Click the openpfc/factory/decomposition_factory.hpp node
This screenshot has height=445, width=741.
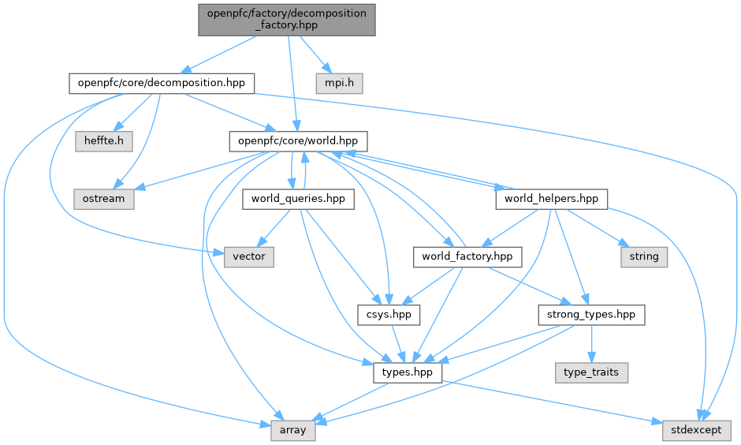click(x=286, y=19)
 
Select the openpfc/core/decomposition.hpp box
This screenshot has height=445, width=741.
click(x=161, y=82)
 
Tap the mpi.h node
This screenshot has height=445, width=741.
click(x=340, y=82)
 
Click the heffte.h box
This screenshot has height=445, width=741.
click(x=104, y=140)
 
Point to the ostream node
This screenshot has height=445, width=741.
click(x=104, y=199)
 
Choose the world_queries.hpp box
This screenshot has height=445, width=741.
click(x=298, y=199)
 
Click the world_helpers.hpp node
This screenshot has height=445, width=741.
click(x=551, y=199)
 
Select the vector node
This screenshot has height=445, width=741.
click(x=249, y=256)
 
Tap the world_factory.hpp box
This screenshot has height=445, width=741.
click(x=467, y=256)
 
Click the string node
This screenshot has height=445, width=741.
click(x=644, y=256)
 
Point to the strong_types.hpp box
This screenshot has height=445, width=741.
click(x=591, y=315)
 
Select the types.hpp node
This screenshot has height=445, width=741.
click(x=408, y=372)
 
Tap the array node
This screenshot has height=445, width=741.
click(x=293, y=431)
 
